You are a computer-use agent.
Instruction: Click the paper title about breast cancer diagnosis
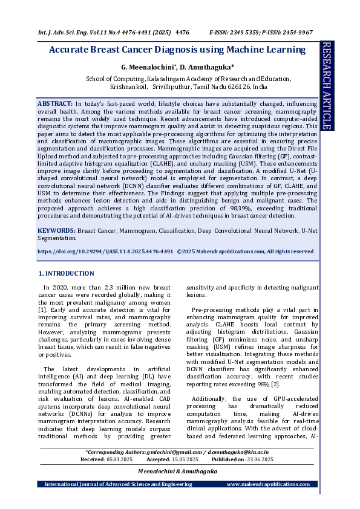click(x=177, y=50)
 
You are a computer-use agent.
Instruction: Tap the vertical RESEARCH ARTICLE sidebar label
click(x=327, y=86)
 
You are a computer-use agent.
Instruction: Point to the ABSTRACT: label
click(x=56, y=105)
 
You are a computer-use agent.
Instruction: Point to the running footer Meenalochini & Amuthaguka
click(x=177, y=471)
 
